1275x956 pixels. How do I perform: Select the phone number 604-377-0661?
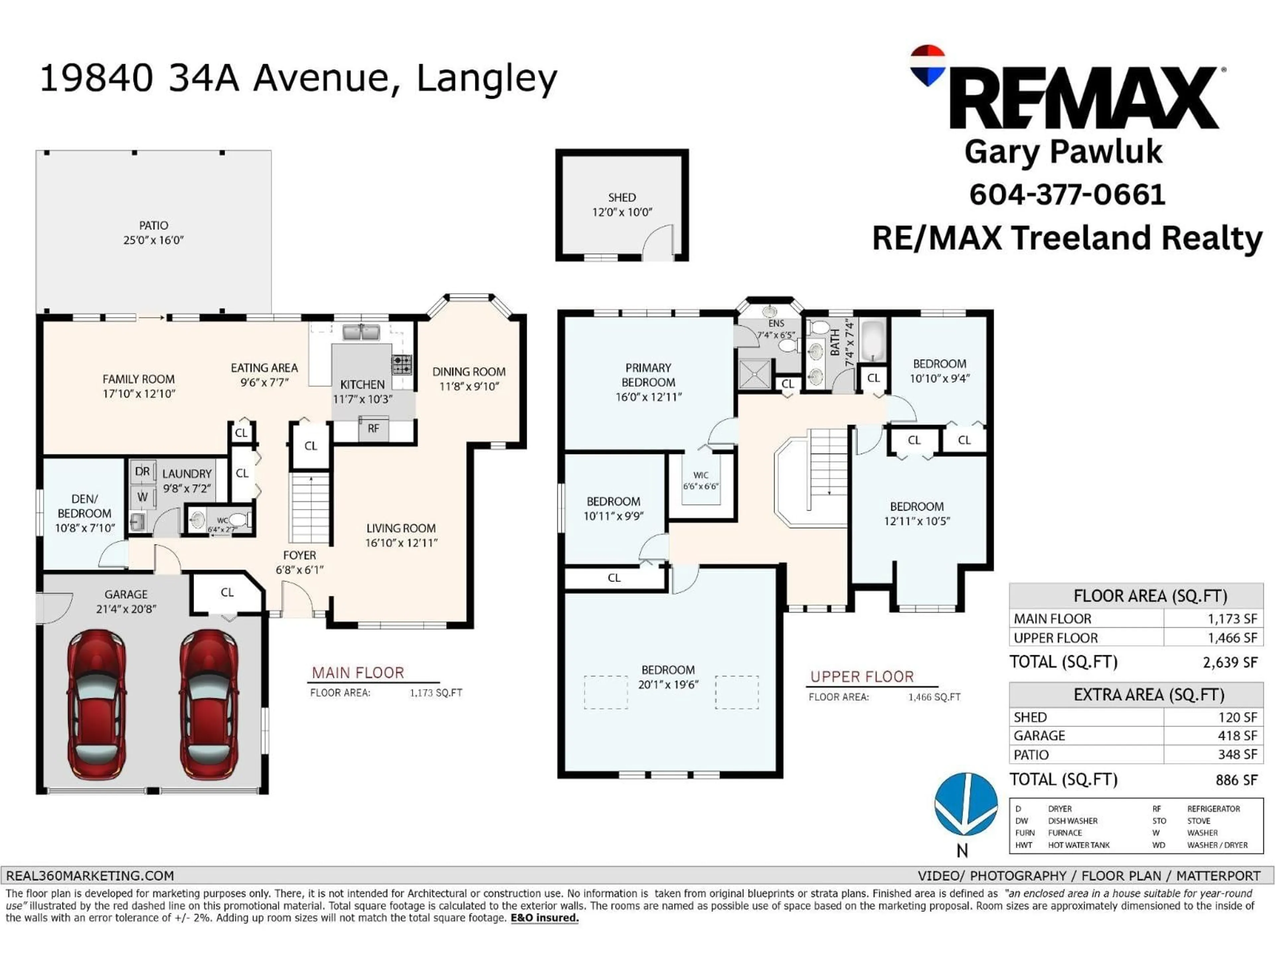pyautogui.click(x=1067, y=194)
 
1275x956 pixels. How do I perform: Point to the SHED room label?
pyautogui.click(x=622, y=197)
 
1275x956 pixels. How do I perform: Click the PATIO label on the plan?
pyautogui.click(x=153, y=225)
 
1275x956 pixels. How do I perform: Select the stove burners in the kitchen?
pyautogui.click(x=402, y=364)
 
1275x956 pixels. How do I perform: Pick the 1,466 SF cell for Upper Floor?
pyautogui.click(x=1233, y=638)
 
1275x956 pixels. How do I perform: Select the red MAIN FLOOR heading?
pyautogui.click(x=358, y=673)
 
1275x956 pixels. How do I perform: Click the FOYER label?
pyautogui.click(x=300, y=555)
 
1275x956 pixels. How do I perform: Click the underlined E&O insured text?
pyautogui.click(x=545, y=918)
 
